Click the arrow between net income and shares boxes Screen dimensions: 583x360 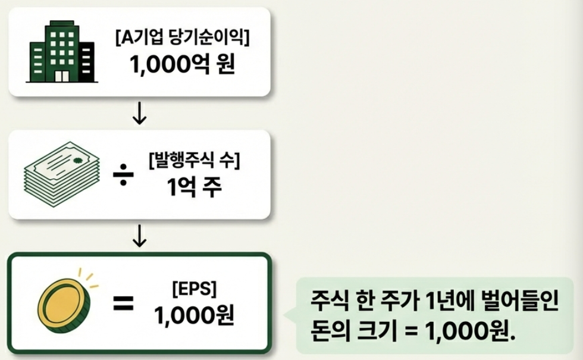tap(139, 114)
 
